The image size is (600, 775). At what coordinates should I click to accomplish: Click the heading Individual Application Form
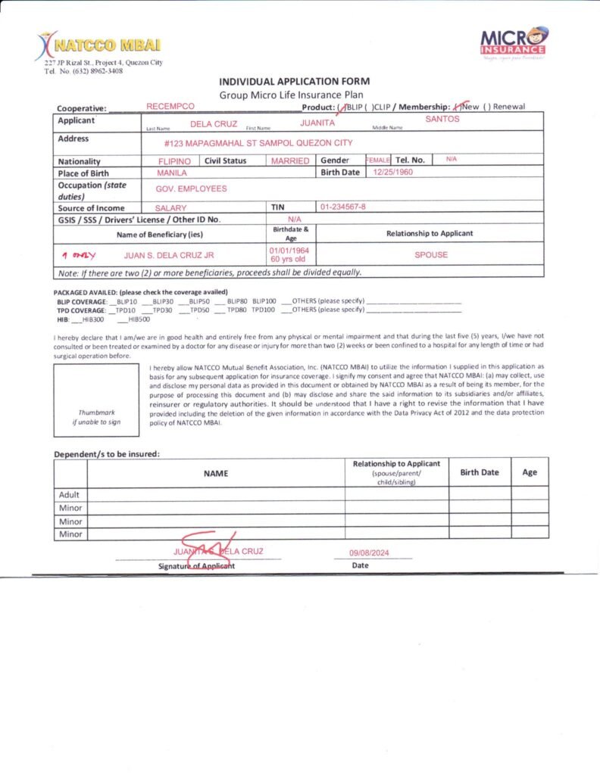pos(294,82)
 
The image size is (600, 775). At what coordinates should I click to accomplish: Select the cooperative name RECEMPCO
pos(170,107)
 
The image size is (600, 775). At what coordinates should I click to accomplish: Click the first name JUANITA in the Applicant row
pos(317,123)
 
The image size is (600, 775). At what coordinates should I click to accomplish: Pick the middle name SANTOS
pos(442,120)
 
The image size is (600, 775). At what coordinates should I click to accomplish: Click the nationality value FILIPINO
pos(174,161)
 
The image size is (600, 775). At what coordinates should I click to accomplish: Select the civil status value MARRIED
pos(290,161)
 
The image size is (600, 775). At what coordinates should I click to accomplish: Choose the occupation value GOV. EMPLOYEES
pos(191,188)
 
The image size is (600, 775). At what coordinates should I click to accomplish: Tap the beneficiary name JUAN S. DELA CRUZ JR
pos(169,255)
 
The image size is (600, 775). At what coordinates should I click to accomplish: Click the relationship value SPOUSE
pos(430,255)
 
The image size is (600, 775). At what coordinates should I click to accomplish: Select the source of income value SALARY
pos(171,207)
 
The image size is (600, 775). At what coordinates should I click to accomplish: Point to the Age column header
pos(530,472)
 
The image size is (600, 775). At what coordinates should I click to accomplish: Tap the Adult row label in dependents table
pos(70,495)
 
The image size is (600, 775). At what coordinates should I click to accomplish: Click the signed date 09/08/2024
pos(369,553)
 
